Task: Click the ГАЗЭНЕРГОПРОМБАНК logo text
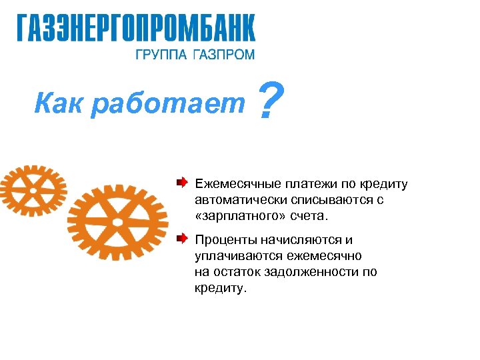[x=135, y=29]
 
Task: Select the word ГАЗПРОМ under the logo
[x=223, y=55]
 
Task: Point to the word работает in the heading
[x=169, y=103]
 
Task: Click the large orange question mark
[x=267, y=101]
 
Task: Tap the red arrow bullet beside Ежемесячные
[x=182, y=182]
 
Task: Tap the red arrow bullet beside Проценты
[x=182, y=238]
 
